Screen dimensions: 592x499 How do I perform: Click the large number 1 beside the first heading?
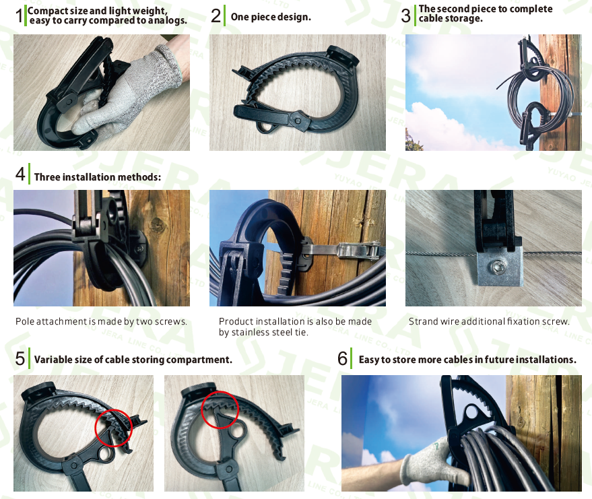click(x=19, y=16)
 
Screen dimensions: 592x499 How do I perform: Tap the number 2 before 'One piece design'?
click(x=216, y=16)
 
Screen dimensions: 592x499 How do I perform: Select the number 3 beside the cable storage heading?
click(x=406, y=15)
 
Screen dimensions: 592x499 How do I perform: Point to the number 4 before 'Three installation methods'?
click(x=20, y=174)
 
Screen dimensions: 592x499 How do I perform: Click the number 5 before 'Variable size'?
click(x=20, y=358)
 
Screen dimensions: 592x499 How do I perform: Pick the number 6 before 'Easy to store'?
click(x=342, y=358)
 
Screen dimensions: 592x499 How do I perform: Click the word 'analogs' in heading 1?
click(x=167, y=20)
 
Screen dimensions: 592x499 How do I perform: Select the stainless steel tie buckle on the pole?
click(x=359, y=251)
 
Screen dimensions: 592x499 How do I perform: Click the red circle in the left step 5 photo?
click(x=113, y=428)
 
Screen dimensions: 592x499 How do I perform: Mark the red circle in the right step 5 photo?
click(x=220, y=410)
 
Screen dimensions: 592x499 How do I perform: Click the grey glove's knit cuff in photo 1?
click(x=172, y=64)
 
